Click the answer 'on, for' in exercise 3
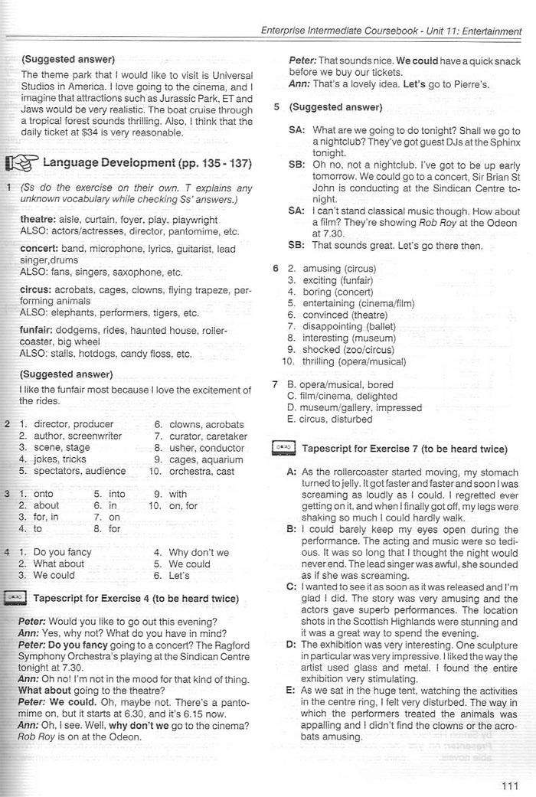183,506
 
